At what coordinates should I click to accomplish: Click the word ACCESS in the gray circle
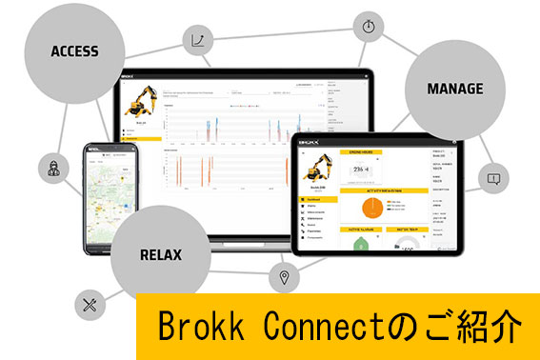pyautogui.click(x=73, y=50)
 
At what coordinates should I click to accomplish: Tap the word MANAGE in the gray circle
pyautogui.click(x=456, y=90)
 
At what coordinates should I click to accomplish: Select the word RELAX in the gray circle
pyautogui.click(x=159, y=255)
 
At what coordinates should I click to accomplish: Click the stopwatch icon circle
pyautogui.click(x=369, y=25)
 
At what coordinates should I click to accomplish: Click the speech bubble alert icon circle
pyautogui.click(x=493, y=177)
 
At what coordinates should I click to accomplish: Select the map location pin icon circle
pyautogui.click(x=282, y=278)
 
